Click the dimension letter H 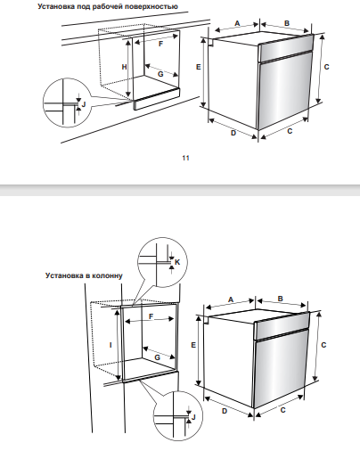(125, 67)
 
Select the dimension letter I (110, 345)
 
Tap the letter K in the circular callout (177, 262)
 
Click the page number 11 (185, 158)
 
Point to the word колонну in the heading (107, 275)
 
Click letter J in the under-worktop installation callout (84, 104)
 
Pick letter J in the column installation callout (193, 417)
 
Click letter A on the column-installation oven (231, 299)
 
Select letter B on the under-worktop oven (287, 23)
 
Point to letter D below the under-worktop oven (233, 133)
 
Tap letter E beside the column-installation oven (193, 345)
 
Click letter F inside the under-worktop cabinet (160, 44)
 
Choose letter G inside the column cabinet (158, 357)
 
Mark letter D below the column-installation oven (225, 411)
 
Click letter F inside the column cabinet (151, 316)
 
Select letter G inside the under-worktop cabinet (160, 74)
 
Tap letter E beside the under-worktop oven (199, 67)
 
